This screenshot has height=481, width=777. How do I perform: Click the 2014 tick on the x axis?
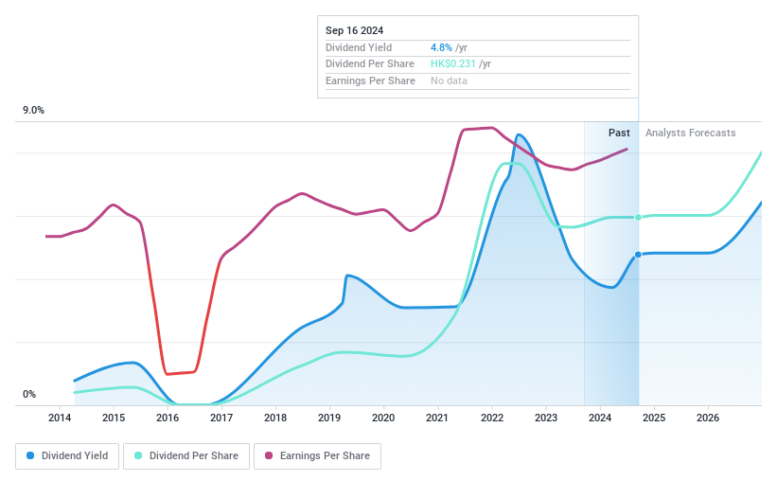60,418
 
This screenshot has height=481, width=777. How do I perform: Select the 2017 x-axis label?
221,418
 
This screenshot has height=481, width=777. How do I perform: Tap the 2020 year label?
383,418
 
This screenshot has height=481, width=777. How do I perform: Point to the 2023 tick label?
545,418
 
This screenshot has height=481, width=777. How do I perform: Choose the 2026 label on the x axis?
708,418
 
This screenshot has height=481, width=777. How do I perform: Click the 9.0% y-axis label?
34,111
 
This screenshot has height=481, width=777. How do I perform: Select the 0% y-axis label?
29,395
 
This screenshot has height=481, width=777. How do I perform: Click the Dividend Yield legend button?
67,456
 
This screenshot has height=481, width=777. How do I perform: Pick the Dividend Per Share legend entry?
187,456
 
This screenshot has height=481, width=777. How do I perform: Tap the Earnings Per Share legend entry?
317,456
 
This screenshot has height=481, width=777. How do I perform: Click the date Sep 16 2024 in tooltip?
355,30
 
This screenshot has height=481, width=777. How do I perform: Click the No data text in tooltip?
450,81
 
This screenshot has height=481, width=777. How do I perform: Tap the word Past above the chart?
619,134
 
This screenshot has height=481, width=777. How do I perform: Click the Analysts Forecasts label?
690,134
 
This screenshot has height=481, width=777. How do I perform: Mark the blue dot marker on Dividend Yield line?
638,255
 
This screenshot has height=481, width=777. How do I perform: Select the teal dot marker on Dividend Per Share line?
638,218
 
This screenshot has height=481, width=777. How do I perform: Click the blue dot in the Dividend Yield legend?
31,456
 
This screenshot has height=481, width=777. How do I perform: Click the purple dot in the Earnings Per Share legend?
270,456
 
